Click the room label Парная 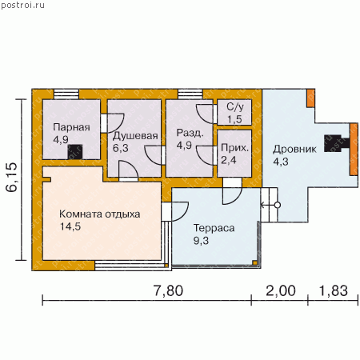(71, 127)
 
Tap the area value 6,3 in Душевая (121, 148)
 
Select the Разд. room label (190, 133)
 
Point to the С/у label (235, 107)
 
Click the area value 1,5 (234, 119)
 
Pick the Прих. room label (234, 148)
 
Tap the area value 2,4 (229, 160)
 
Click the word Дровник (294, 150)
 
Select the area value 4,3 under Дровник (281, 162)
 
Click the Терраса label (214, 228)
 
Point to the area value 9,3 (201, 241)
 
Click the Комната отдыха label (100, 214)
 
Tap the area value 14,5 (70, 226)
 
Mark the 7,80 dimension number (169, 290)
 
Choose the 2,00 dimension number (281, 290)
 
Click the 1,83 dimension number (334, 290)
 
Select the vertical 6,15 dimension (12, 177)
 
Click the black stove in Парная (75, 152)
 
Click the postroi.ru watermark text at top (22, 6)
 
